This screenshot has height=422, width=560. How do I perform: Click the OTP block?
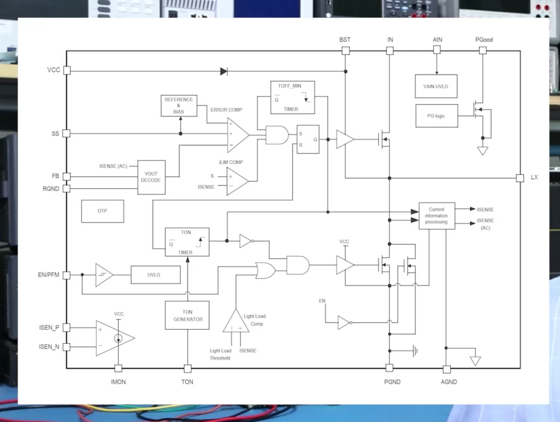coord(103,211)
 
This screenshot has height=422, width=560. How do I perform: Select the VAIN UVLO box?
coord(436,86)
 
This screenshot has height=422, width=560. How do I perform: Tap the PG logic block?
coord(437,116)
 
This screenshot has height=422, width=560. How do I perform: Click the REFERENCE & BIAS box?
coord(178,105)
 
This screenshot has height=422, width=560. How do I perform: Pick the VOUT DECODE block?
coord(151,177)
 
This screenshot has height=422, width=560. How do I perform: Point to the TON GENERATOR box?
coord(187,315)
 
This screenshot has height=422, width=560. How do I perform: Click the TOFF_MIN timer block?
coord(292,98)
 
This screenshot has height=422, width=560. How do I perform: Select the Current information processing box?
coord(437,215)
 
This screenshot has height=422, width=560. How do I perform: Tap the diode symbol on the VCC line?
coord(224,71)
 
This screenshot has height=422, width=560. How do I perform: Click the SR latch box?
coord(308,139)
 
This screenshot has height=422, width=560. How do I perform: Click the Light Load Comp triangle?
coord(236,321)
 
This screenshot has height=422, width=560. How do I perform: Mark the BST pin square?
coord(345,51)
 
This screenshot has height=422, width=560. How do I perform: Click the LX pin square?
coord(520,178)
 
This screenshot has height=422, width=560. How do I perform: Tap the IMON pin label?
coord(118,382)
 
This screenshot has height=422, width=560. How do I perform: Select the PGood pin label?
coord(484,39)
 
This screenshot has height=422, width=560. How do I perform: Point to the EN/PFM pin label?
coord(49,275)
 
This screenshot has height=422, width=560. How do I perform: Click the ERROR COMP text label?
coord(226,110)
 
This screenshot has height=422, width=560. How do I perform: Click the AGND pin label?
coord(449,382)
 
